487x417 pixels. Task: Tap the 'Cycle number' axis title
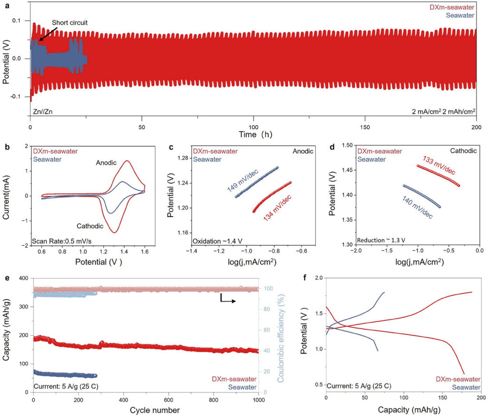click(145, 410)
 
